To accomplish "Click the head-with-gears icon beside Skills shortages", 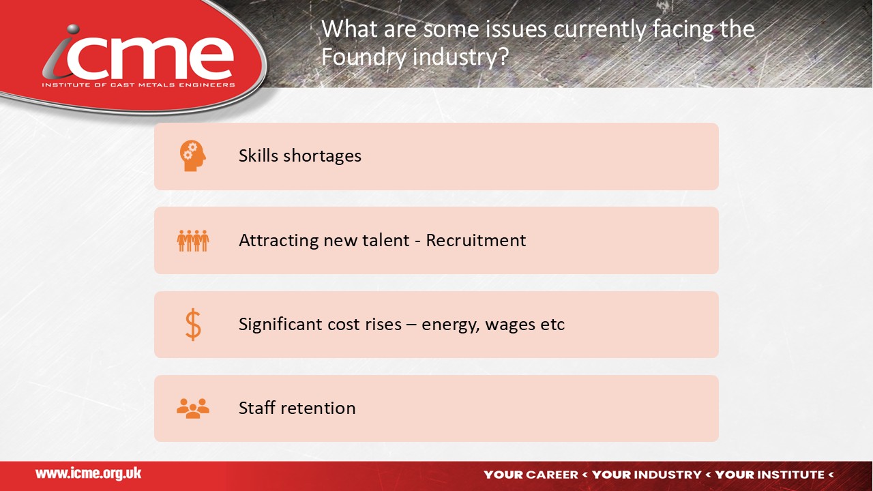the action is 192,156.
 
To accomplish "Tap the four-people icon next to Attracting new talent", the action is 193,241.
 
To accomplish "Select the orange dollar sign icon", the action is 193,325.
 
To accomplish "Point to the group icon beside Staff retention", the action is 193,408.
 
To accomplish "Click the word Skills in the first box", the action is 258,155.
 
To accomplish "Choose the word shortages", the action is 323,157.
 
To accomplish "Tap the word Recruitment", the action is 476,240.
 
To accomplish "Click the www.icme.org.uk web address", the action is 89,474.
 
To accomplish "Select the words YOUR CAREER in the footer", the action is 531,475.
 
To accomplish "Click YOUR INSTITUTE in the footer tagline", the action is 770,475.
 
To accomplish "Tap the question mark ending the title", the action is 503,57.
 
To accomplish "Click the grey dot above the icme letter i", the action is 72,29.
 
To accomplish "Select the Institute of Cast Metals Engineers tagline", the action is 138,85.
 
